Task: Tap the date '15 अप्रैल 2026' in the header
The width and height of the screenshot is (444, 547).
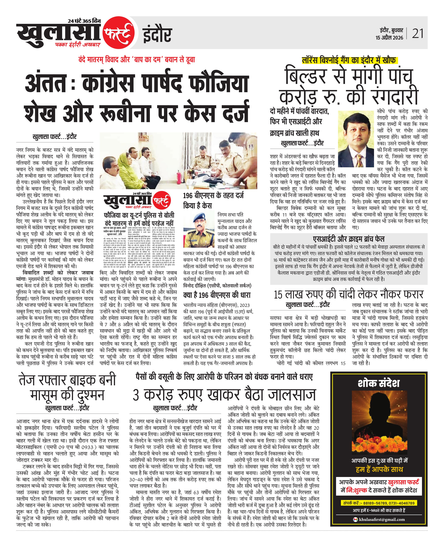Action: [389, 38]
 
